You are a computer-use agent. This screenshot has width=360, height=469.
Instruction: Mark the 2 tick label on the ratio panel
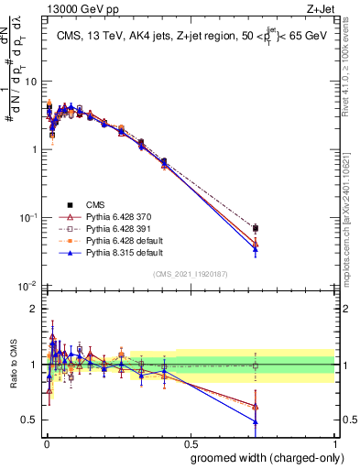click(35, 309)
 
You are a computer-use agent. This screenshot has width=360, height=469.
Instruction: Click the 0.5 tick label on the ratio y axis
click(29, 420)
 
